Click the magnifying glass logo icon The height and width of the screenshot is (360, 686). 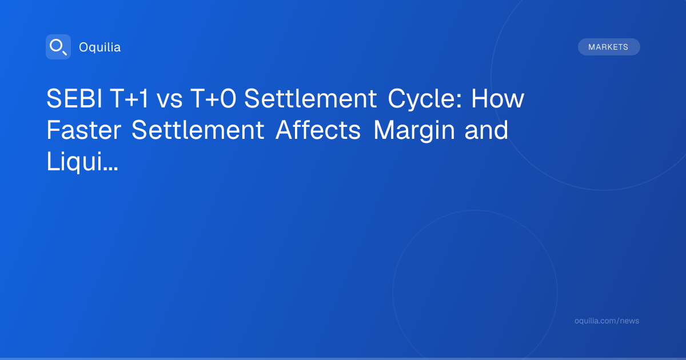(58, 47)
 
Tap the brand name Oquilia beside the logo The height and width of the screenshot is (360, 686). (100, 47)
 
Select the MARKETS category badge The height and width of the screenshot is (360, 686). (609, 47)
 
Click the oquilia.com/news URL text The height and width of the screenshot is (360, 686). (607, 321)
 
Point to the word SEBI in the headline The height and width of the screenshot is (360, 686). (74, 98)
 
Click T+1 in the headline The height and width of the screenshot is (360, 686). (130, 98)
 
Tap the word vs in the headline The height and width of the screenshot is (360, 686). (170, 101)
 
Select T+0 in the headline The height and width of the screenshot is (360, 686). (213, 98)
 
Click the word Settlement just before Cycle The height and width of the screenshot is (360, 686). (310, 98)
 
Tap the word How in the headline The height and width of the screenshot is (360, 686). (498, 98)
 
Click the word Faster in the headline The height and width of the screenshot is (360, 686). (84, 130)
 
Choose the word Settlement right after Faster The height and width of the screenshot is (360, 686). (198, 130)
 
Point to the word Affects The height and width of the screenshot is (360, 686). (318, 130)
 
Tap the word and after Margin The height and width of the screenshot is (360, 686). (486, 130)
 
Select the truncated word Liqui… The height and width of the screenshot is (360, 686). (82, 162)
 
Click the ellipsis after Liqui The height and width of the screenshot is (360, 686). (110, 169)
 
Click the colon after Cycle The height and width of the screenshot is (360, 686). (458, 101)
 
